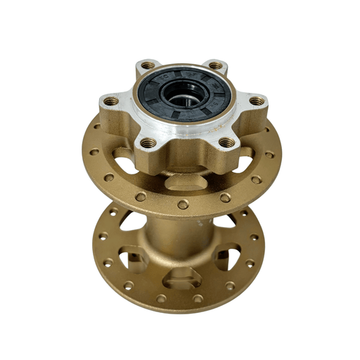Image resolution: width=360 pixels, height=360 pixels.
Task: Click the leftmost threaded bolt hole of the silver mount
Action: tap(108, 102)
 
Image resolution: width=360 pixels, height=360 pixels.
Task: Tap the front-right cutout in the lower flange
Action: tap(232, 256)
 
